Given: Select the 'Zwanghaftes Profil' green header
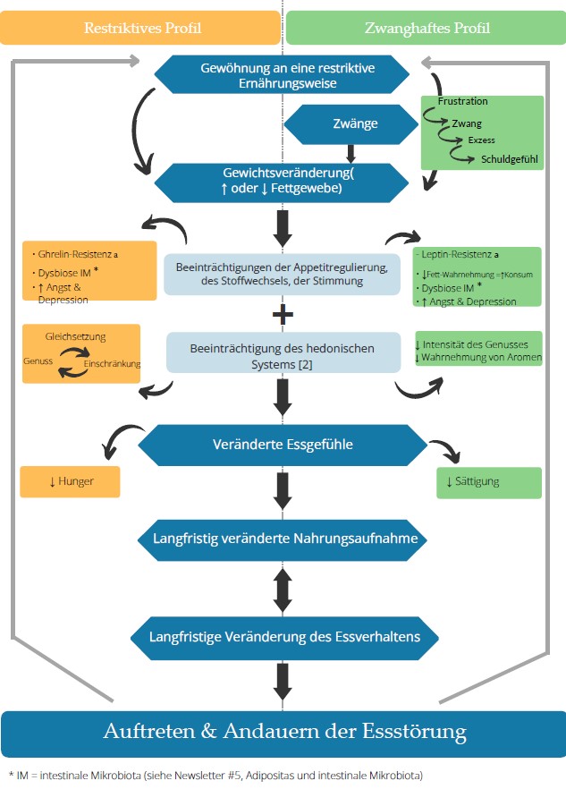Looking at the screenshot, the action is (427, 28).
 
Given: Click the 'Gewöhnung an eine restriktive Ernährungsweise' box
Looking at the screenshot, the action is (282, 75).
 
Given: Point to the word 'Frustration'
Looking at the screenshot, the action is (463, 101).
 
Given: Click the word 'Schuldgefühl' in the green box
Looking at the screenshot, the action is (509, 159).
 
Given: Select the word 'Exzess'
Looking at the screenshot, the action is (481, 140).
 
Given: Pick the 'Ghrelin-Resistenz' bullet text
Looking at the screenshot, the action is (75, 255).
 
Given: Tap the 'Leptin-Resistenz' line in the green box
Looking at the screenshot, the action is (458, 255).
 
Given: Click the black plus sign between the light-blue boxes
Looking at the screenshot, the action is (283, 315).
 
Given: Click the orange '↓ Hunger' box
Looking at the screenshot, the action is (70, 481).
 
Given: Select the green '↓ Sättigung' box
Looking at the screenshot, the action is (489, 482).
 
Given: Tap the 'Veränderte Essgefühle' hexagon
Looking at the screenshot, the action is (283, 445).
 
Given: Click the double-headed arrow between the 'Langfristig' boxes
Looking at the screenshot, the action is (283, 590).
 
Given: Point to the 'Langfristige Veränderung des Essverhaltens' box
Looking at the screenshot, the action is (284, 638).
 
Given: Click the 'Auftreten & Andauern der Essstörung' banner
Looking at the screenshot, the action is (283, 733).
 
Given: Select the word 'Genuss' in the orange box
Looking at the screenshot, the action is (38, 361).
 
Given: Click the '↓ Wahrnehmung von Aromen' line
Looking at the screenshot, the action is (478, 357).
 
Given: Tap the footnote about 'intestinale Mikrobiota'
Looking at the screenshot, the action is (215, 776).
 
